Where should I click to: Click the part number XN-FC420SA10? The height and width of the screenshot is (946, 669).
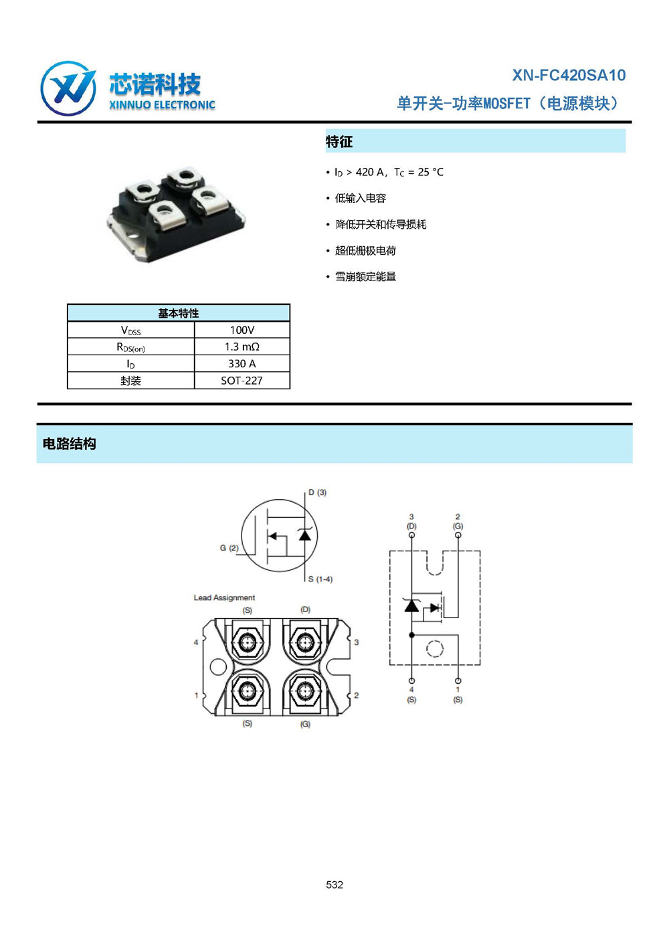click(x=569, y=75)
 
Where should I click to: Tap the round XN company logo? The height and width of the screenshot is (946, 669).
click(x=68, y=88)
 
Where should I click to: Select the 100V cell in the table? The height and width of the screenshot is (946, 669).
click(x=242, y=330)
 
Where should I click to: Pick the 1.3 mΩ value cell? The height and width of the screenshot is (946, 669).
click(x=242, y=347)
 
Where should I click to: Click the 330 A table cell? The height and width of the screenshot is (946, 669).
click(x=242, y=364)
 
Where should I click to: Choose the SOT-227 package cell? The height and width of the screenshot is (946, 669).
click(x=242, y=381)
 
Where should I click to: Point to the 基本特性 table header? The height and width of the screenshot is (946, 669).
click(x=178, y=313)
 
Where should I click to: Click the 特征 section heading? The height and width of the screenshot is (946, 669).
click(x=339, y=141)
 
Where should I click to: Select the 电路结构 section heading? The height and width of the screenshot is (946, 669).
click(x=70, y=444)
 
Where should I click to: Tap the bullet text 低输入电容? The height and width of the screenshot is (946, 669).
click(x=361, y=198)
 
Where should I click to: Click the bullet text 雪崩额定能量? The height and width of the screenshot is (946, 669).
click(x=365, y=276)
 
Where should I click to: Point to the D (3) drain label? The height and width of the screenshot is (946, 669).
click(x=317, y=492)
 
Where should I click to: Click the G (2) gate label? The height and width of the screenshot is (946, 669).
click(x=229, y=548)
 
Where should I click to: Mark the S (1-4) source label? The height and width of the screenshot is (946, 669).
click(x=320, y=579)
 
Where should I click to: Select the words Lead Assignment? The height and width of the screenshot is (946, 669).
click(x=224, y=597)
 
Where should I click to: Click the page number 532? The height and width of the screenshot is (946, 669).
click(x=334, y=884)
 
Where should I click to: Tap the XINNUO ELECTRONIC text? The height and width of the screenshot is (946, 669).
click(x=162, y=105)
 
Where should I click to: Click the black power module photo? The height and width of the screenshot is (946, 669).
click(x=176, y=214)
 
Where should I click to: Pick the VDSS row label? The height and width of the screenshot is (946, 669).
click(x=131, y=330)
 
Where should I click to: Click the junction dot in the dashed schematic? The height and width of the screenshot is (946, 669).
click(x=412, y=635)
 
